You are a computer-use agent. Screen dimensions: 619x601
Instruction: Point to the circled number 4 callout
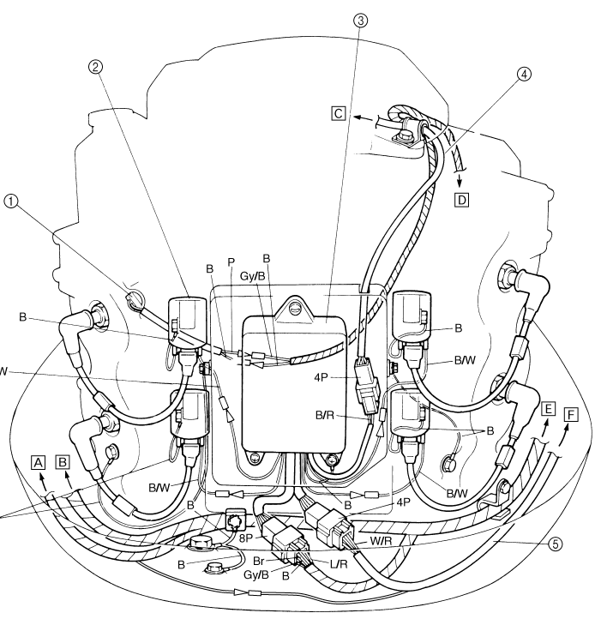[x=524, y=74]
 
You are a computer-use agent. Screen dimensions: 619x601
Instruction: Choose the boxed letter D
[x=463, y=200]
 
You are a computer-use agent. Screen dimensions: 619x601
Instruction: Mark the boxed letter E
[x=548, y=409]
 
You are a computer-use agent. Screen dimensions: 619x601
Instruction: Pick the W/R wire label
[x=381, y=540]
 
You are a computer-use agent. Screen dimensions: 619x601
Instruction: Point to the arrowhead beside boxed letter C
[x=356, y=115]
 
